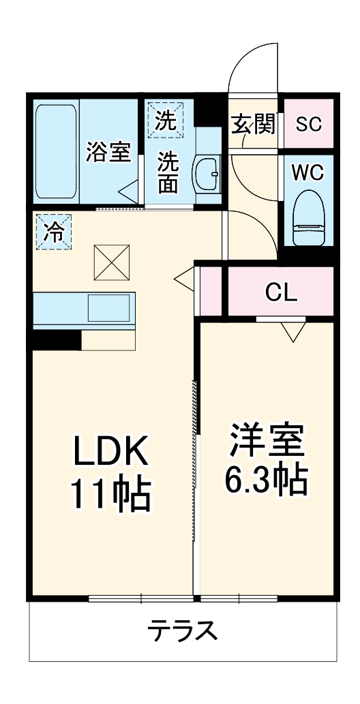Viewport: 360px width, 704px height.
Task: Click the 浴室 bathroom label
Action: pos(108,152)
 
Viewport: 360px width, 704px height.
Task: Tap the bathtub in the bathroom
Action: pos(55,151)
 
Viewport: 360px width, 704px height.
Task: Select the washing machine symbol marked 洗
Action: pos(164,120)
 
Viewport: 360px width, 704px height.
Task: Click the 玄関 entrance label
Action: pos(254,125)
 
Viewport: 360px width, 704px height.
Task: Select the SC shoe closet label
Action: pos(308,125)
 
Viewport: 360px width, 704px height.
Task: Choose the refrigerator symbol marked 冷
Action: pos(52,231)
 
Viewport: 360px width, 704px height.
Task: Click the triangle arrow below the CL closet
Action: pos(293,332)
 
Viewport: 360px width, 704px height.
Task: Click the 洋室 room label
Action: pos(266,441)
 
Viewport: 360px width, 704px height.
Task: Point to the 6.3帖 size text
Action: pos(266,482)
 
